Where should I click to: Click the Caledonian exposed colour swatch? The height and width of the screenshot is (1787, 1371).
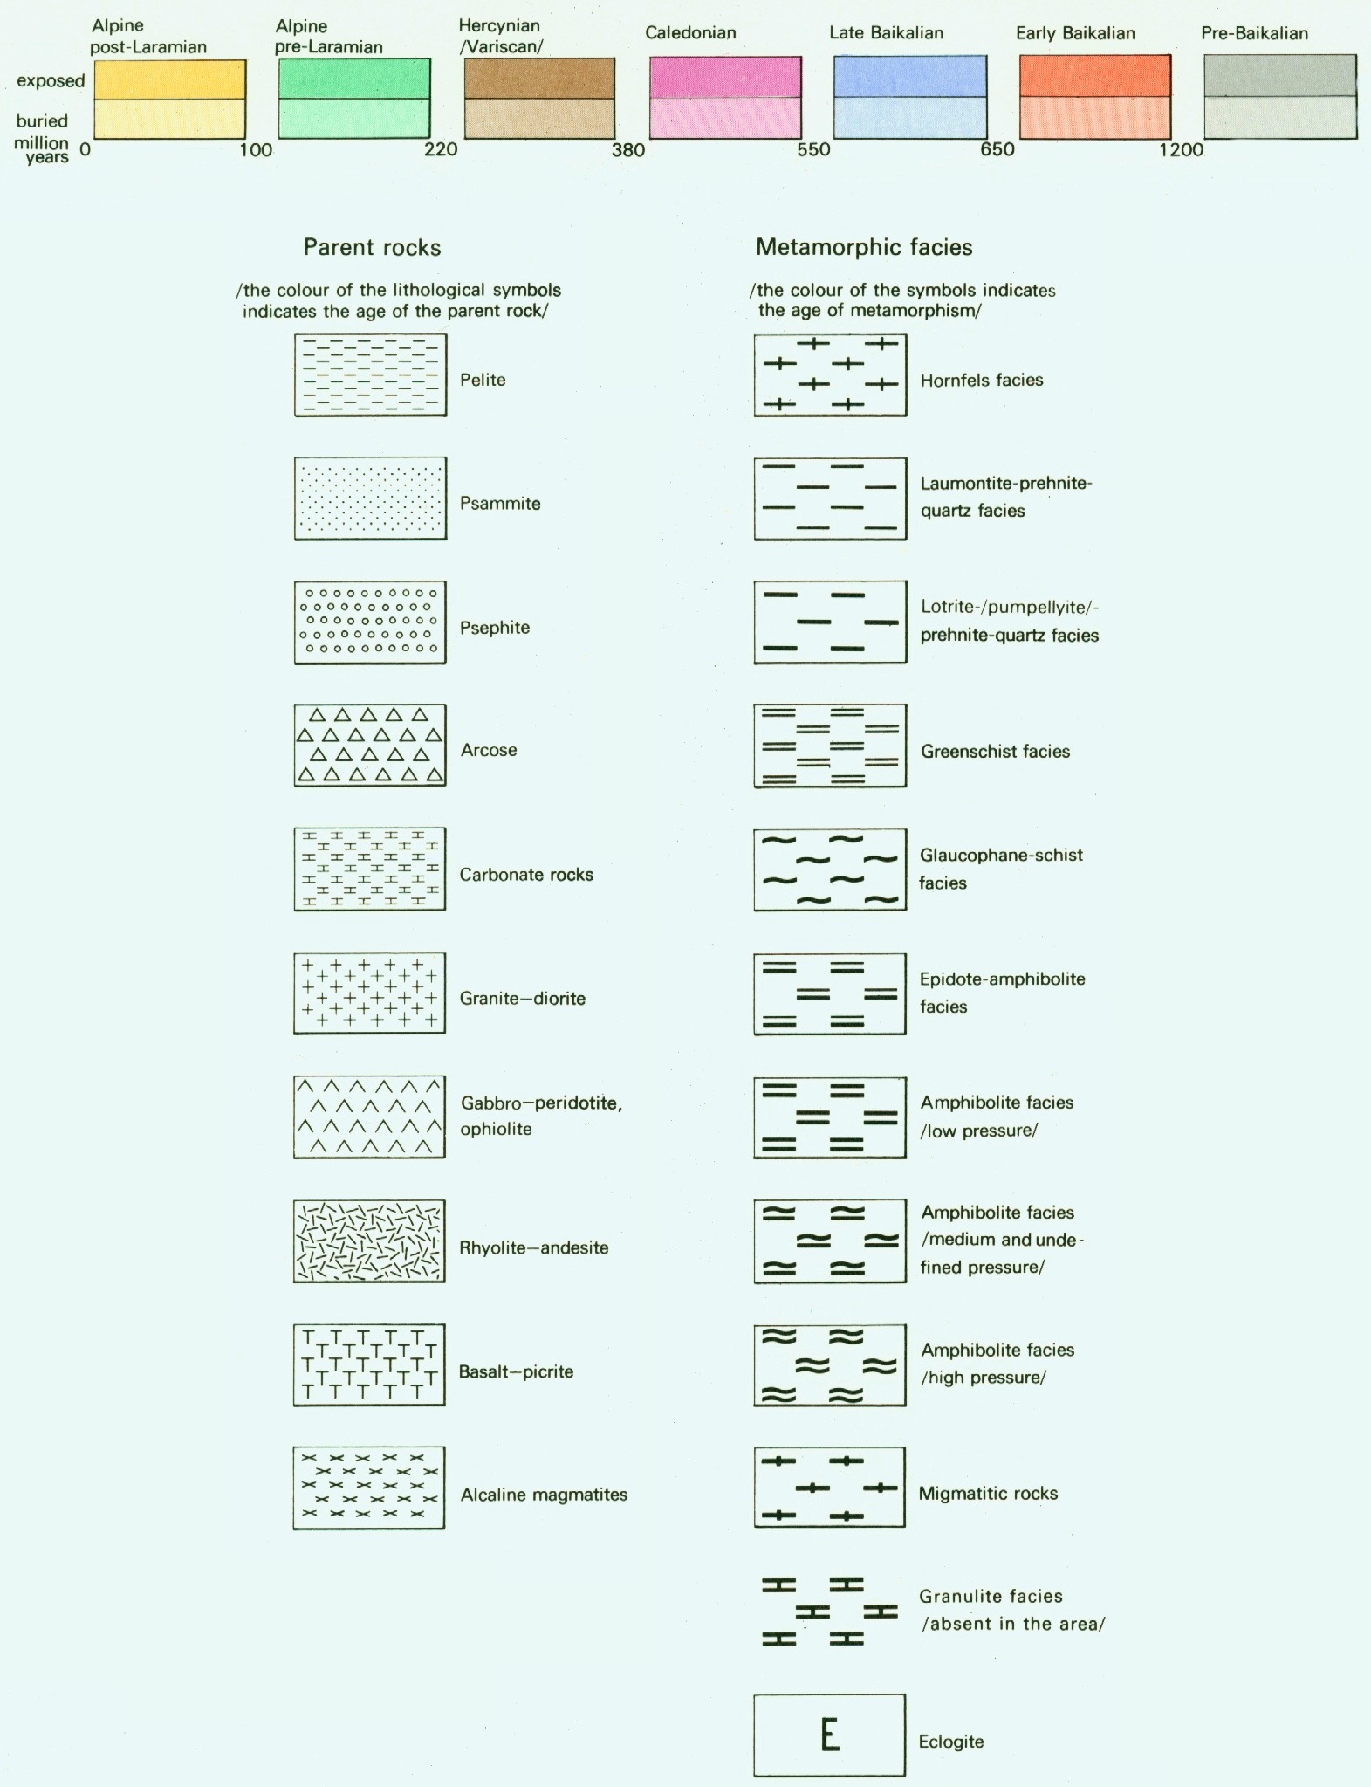[x=725, y=77]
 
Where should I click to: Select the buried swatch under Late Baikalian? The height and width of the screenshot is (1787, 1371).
[x=910, y=118]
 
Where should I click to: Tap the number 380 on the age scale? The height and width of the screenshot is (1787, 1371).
[x=628, y=150]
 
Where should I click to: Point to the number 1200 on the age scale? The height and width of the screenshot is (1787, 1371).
[x=1182, y=150]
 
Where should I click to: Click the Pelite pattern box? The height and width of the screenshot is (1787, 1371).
[x=370, y=375]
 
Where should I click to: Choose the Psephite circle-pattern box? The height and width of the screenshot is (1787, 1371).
[x=370, y=622]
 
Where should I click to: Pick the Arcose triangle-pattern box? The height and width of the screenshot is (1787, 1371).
[x=370, y=746]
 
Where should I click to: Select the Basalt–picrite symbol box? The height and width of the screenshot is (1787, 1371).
[x=369, y=1364]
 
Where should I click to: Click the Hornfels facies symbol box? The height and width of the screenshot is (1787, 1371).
[x=830, y=375]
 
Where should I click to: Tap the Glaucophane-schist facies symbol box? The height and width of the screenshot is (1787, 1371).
[x=830, y=869]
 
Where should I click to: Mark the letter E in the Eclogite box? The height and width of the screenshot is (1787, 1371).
[x=830, y=1735]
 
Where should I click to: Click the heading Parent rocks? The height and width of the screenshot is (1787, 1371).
[x=372, y=248]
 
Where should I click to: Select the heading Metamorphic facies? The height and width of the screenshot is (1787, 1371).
[x=864, y=248]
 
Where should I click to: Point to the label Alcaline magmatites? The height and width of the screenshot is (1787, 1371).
[x=544, y=1495]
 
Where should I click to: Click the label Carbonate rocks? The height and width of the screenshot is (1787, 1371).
[x=526, y=875]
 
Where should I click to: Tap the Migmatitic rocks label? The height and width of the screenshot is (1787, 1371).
[x=988, y=1494]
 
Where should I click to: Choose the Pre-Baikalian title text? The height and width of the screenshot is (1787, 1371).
[x=1254, y=34]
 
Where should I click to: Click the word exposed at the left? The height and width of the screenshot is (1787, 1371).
[x=51, y=81]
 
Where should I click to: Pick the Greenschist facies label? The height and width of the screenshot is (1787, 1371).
[x=995, y=752]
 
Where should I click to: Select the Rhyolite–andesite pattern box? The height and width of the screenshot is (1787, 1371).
[x=369, y=1241]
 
